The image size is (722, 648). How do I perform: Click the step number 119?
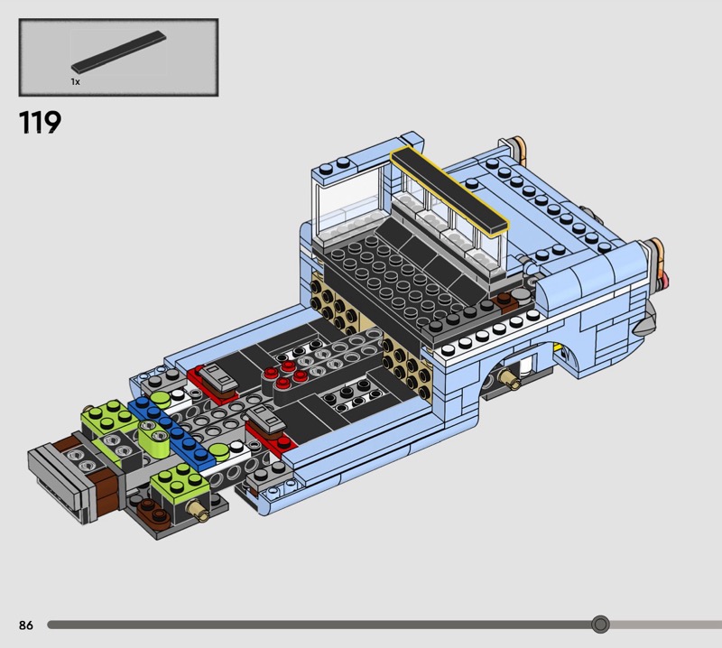(x=40, y=122)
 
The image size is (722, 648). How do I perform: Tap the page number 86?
(x=26, y=625)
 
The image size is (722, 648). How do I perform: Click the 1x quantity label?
(x=76, y=81)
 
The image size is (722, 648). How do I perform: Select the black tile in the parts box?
(x=119, y=52)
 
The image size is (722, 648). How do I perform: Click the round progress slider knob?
(x=600, y=625)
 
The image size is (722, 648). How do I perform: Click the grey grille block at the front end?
(x=58, y=482)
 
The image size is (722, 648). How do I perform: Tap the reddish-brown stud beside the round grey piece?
(x=504, y=301)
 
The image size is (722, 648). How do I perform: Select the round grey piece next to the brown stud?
(x=521, y=295)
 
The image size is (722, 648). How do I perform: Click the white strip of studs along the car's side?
(x=489, y=335)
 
